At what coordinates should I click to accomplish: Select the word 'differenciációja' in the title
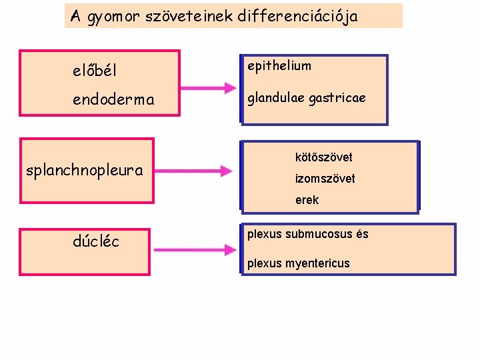(297, 17)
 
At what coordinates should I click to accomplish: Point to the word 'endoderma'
(113, 100)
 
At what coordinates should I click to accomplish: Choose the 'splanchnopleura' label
(84, 170)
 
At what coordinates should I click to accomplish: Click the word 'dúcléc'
(96, 241)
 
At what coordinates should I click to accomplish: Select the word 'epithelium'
(279, 66)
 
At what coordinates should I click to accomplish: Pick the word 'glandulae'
(276, 99)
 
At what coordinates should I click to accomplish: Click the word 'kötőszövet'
(323, 157)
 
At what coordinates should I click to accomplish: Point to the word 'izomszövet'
(325, 179)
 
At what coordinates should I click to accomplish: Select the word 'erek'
(307, 200)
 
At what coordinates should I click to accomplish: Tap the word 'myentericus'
(317, 263)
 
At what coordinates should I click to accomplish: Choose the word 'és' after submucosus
(362, 234)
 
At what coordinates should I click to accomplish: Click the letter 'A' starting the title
(75, 17)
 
